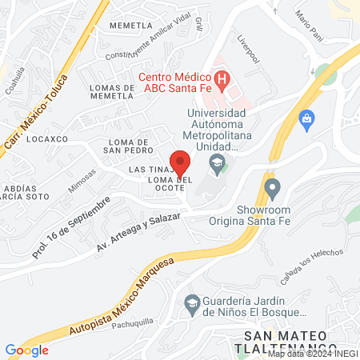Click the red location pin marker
point(180,162)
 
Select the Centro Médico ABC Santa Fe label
point(172,82)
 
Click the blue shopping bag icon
point(306,121)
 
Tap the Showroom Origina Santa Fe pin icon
point(272,190)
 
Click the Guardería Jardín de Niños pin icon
point(191,302)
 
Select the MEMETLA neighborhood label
point(133,25)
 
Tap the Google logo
point(26,350)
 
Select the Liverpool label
point(249,49)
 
